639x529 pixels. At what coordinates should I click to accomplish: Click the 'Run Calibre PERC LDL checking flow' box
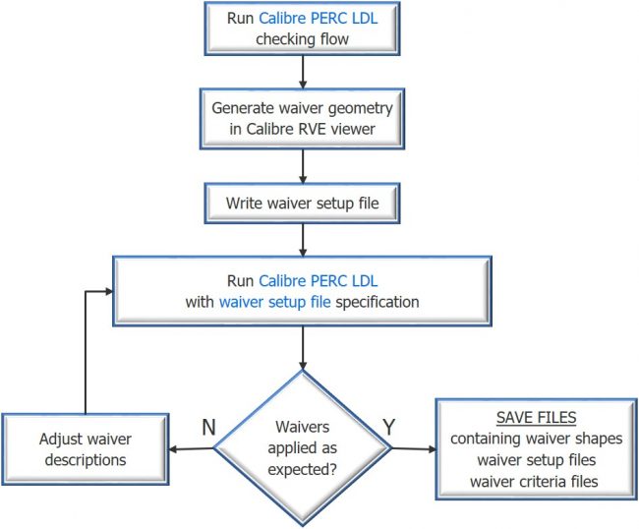303,29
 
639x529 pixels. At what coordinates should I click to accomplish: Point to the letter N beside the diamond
207,428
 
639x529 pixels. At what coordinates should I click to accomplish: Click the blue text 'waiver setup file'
274,302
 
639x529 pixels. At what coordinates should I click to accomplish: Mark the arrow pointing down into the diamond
303,348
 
